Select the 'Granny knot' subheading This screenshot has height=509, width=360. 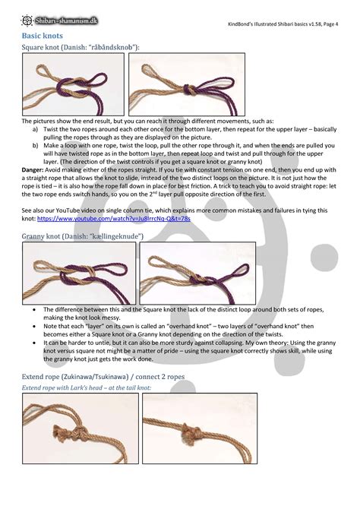tap(82, 237)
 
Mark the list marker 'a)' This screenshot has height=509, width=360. tap(36, 129)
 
